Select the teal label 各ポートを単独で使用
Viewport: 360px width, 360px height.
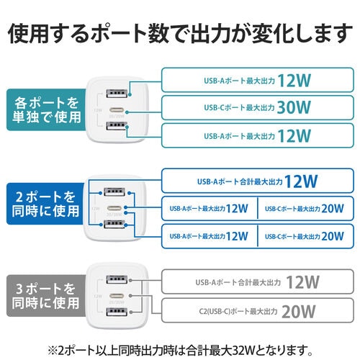pos(42,109)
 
